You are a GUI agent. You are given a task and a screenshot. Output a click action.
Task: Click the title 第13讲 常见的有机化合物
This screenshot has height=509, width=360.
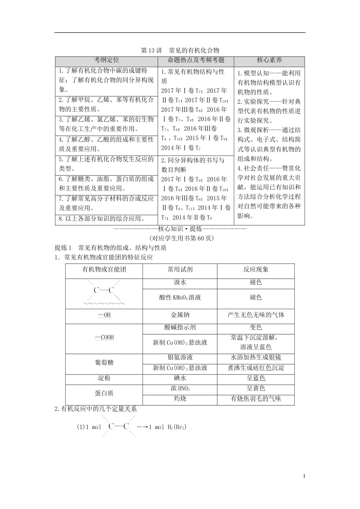pos(180,50)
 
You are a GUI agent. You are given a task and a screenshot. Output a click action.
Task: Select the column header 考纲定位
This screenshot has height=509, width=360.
pos(106,60)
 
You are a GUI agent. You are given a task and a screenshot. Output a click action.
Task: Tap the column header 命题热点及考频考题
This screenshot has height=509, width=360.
pos(196,60)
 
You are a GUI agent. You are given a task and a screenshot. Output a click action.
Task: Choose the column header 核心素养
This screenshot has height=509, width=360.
pos(269,60)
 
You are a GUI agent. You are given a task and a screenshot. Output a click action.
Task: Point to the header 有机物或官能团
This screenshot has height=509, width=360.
pos(104,270)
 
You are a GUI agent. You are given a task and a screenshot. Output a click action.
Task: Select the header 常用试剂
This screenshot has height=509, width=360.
pos(180,270)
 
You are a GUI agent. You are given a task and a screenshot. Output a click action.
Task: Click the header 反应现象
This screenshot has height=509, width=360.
pos(256,270)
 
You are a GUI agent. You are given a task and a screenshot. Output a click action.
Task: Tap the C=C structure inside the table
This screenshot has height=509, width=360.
pos(104,291)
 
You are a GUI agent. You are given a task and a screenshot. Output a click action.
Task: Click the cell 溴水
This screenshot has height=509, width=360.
pos(180,283)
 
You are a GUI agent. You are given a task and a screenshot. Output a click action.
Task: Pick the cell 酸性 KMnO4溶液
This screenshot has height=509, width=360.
pos(180,298)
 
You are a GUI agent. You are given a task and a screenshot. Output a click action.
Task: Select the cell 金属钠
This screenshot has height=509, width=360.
pos(180,315)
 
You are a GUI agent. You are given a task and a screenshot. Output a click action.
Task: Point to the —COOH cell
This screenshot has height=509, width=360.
pos(104,337)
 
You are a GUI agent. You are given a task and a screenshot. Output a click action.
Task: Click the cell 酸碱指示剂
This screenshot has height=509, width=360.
pos(180,328)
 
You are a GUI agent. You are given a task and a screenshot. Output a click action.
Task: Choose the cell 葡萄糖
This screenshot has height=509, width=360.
pos(104,362)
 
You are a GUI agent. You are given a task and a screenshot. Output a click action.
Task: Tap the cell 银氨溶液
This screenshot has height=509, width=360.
pos(180,357)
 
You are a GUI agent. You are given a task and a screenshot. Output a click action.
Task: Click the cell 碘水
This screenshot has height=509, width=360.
pos(180,378)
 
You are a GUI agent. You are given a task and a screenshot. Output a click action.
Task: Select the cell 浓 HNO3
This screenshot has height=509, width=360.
pos(180,389)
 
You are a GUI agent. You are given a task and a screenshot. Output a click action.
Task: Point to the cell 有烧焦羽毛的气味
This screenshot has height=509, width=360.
pos(256,398)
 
